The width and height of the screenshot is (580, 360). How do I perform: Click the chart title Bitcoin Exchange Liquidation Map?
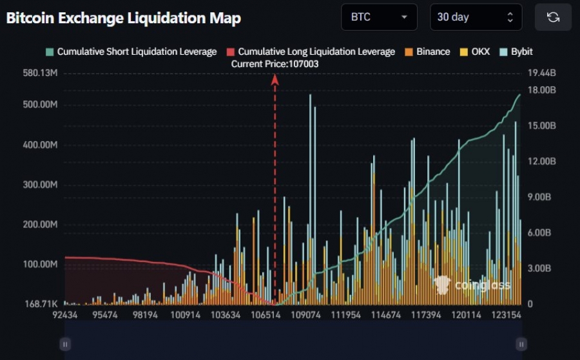click(123, 18)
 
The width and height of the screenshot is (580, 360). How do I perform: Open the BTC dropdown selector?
click(379, 17)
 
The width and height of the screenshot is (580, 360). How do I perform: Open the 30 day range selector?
click(476, 17)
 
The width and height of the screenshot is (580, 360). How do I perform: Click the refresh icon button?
click(553, 17)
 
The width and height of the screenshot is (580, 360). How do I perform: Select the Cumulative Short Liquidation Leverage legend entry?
click(131, 52)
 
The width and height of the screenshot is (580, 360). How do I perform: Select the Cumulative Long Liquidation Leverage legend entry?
click(311, 52)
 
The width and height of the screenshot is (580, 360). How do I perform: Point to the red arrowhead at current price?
click(275, 79)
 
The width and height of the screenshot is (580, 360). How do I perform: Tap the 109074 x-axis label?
click(306, 315)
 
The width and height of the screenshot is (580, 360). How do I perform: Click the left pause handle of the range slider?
click(64, 344)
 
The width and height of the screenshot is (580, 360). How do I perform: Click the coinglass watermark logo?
click(472, 285)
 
